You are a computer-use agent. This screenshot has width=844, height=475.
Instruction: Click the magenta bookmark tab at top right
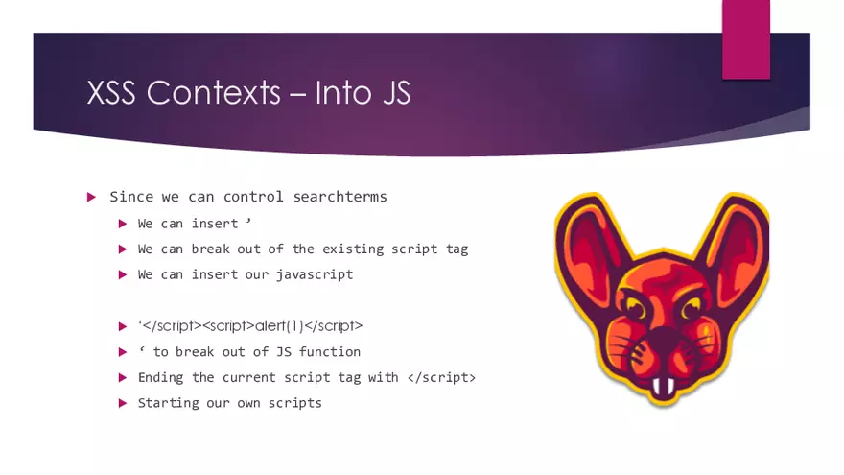tap(745, 38)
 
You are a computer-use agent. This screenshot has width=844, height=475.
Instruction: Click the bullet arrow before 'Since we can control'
tap(91, 197)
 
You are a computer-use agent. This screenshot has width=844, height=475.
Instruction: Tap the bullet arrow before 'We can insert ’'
tap(122, 223)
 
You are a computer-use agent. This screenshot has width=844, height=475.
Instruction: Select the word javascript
tap(315, 274)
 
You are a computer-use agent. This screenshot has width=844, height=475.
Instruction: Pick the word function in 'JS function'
tap(330, 351)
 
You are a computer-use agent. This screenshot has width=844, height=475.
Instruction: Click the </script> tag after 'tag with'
tap(440, 377)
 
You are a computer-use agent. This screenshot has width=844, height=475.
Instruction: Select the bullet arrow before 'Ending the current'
tap(122, 377)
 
